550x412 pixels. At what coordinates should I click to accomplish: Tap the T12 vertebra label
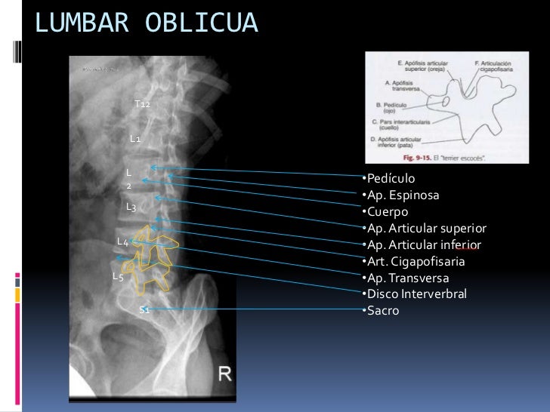tap(142, 103)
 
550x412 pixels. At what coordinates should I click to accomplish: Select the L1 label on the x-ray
tap(134, 139)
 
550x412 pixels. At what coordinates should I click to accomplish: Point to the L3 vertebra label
tap(131, 206)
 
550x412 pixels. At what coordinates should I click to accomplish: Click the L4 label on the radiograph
tap(122, 241)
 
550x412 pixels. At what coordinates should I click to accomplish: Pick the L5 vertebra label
tap(117, 276)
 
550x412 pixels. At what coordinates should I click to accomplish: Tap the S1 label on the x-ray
tap(144, 309)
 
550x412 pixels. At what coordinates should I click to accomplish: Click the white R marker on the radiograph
tap(225, 372)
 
